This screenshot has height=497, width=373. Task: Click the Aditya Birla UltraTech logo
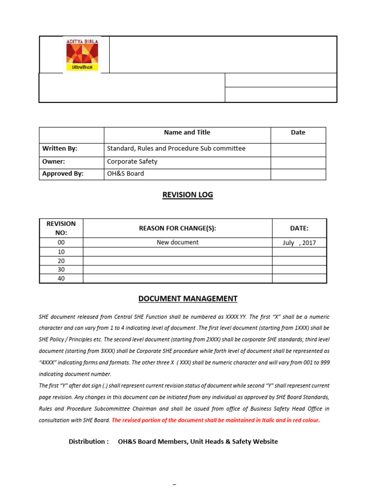82,54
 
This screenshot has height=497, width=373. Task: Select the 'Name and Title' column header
187,132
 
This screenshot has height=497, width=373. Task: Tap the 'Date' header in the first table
298,132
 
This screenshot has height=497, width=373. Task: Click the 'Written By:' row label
60,149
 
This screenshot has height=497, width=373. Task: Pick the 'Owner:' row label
53,161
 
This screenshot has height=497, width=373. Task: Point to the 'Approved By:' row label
63,173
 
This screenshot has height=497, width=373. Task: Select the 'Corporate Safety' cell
132,161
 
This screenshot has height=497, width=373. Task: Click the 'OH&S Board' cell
125,173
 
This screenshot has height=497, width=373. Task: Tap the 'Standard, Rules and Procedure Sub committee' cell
176,149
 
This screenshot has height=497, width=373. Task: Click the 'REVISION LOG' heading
187,195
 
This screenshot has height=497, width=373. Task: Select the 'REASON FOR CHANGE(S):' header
177,228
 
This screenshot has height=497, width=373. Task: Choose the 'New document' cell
177,242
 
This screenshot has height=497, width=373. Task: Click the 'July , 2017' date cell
299,243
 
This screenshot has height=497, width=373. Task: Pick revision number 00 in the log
61,242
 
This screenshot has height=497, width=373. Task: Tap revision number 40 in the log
61,279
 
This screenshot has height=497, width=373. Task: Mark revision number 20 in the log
61,261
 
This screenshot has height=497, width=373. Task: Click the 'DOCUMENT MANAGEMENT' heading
187,298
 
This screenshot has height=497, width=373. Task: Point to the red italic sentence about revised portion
216,420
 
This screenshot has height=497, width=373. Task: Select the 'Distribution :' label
88,441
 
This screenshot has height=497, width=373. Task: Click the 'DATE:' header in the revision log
299,228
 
